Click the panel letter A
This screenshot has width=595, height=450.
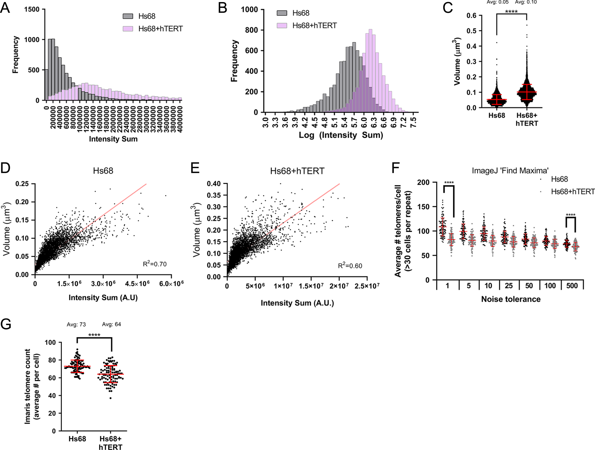tap(5, 8)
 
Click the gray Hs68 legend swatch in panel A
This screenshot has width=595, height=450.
tap(128, 16)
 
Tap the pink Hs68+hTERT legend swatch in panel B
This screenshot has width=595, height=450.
tap(282, 26)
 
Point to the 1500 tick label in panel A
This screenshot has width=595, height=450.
tap(32, 9)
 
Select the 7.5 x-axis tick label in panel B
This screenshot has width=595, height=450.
tap(413, 122)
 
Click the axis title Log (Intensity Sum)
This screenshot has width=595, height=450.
tap(341, 135)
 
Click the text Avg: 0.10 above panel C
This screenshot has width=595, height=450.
tap(526, 2)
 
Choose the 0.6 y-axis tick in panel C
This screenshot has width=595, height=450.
tap(471, 15)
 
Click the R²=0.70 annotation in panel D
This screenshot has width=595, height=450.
tap(155, 264)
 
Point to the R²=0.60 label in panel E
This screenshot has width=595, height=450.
tap(350, 266)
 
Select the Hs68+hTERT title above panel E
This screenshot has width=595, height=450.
tap(297, 171)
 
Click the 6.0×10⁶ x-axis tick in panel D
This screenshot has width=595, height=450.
tap(171, 284)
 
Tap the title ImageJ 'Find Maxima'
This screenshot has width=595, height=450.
tap(510, 171)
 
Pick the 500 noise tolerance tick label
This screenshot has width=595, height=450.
tap(572, 286)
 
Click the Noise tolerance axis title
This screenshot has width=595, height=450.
tap(511, 299)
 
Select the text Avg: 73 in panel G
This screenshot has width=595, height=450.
tap(76, 324)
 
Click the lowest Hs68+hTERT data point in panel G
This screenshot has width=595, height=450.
tap(111, 398)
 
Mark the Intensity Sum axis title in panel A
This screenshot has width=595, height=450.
tap(113, 139)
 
